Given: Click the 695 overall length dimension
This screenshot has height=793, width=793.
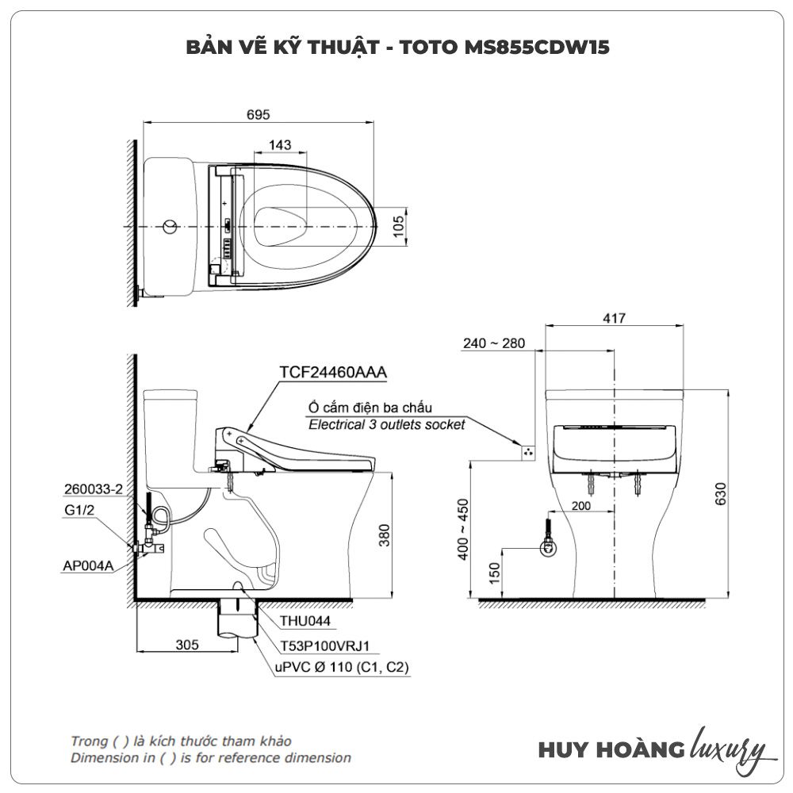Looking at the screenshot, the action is [x=258, y=115].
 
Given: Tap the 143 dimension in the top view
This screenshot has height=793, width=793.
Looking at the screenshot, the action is [x=280, y=145].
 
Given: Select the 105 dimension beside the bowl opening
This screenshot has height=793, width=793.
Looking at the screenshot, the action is [x=399, y=226].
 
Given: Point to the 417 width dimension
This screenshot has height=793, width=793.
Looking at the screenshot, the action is [x=614, y=318].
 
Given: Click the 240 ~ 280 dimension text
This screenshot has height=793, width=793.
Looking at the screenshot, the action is [x=493, y=343].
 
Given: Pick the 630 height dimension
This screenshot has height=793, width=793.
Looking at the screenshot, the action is [x=721, y=493].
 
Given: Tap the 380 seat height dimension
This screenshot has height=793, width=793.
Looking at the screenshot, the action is [x=385, y=535].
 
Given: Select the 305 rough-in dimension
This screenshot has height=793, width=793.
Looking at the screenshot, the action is [x=187, y=645].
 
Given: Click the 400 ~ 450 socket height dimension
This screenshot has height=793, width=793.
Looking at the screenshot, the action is [x=463, y=530].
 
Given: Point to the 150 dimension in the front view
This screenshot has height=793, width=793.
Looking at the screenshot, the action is [x=494, y=573].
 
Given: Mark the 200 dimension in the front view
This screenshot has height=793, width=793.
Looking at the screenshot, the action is [x=580, y=506].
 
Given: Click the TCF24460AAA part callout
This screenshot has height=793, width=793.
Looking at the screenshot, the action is [x=333, y=372].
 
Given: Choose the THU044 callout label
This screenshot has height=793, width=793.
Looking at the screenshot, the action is [x=305, y=621].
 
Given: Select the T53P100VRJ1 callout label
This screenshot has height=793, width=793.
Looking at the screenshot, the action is [x=325, y=646].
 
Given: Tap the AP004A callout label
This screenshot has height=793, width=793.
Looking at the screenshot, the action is [x=88, y=565].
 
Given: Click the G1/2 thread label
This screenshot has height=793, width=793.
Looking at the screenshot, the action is [x=79, y=510].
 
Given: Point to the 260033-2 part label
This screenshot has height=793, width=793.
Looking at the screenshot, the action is [x=94, y=489].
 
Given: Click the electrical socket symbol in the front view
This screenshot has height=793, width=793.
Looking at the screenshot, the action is [x=528, y=453].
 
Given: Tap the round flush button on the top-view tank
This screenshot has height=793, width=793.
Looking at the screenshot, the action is [x=170, y=227].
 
